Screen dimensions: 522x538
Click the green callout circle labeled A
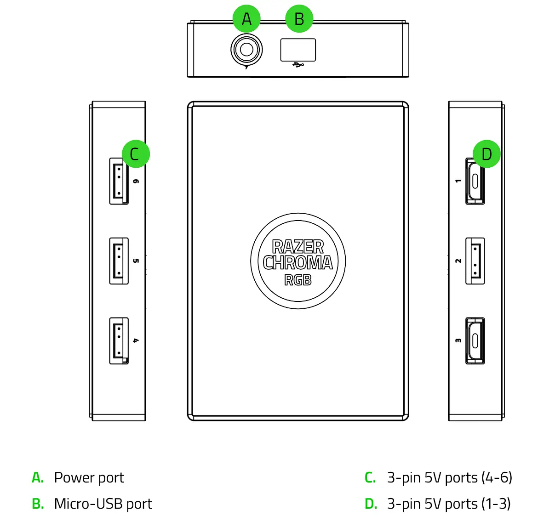click(246, 19)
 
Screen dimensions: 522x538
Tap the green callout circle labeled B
click(299, 19)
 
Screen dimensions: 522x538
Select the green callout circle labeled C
click(136, 154)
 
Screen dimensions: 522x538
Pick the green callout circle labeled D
click(486, 154)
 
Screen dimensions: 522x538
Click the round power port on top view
click(246, 50)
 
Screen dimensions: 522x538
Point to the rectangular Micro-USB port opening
click(298, 50)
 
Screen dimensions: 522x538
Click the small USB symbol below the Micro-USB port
click(298, 65)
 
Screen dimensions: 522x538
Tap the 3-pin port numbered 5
click(119, 261)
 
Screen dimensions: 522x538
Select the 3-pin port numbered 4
click(119, 340)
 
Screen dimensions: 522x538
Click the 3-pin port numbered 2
click(475, 261)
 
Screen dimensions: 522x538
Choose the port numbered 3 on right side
click(475, 340)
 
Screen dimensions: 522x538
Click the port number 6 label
click(136, 182)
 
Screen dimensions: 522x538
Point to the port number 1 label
click(458, 181)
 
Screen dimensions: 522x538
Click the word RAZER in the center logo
click(298, 247)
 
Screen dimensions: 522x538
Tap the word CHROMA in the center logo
click(298, 263)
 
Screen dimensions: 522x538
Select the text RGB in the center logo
click(298, 280)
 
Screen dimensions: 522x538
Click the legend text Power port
click(89, 478)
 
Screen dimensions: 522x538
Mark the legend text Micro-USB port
click(103, 504)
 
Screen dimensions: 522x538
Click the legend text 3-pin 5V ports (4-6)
click(449, 478)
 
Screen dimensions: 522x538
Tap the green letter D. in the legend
click(371, 504)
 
